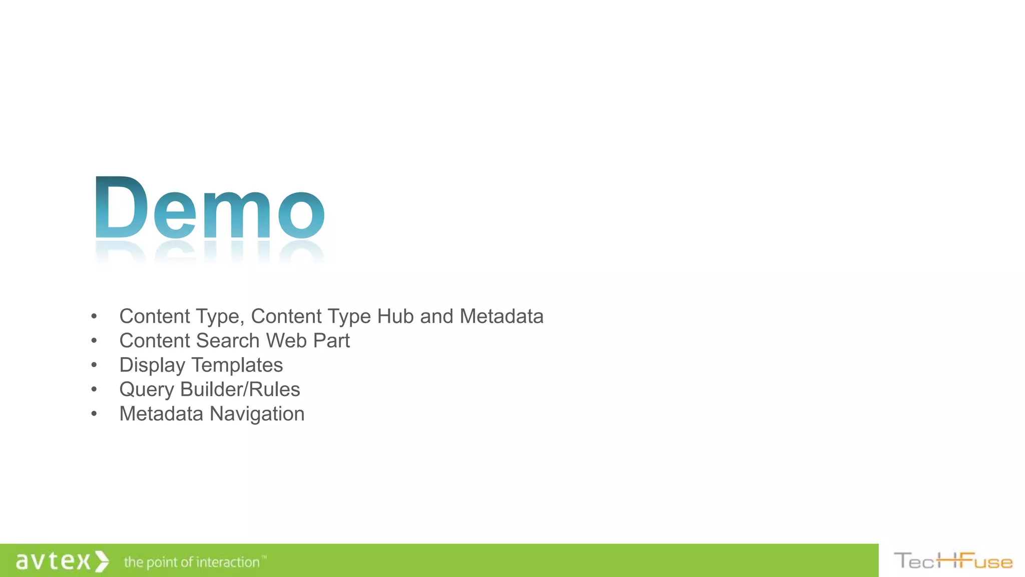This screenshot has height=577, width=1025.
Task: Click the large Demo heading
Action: pyautogui.click(x=209, y=208)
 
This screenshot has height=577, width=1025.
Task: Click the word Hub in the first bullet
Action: pyautogui.click(x=395, y=317)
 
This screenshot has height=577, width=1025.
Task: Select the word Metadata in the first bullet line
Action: pyautogui.click(x=501, y=317)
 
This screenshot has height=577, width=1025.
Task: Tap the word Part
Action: pyautogui.click(x=331, y=341)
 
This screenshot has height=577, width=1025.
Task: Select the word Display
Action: pyautogui.click(x=152, y=366)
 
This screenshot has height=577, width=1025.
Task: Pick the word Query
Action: pyautogui.click(x=147, y=390)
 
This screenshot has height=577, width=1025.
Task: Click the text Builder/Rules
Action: pyautogui.click(x=240, y=390)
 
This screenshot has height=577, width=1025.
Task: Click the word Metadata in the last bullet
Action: pyautogui.click(x=161, y=414)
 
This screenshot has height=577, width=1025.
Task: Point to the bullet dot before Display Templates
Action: pyautogui.click(x=94, y=365)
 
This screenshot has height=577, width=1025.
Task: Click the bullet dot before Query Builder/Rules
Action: pyautogui.click(x=94, y=390)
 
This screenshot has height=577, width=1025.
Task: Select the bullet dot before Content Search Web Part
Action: pyautogui.click(x=94, y=341)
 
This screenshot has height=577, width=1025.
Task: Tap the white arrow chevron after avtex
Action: pyautogui.click(x=102, y=561)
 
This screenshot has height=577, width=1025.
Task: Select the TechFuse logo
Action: pyautogui.click(x=953, y=561)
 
